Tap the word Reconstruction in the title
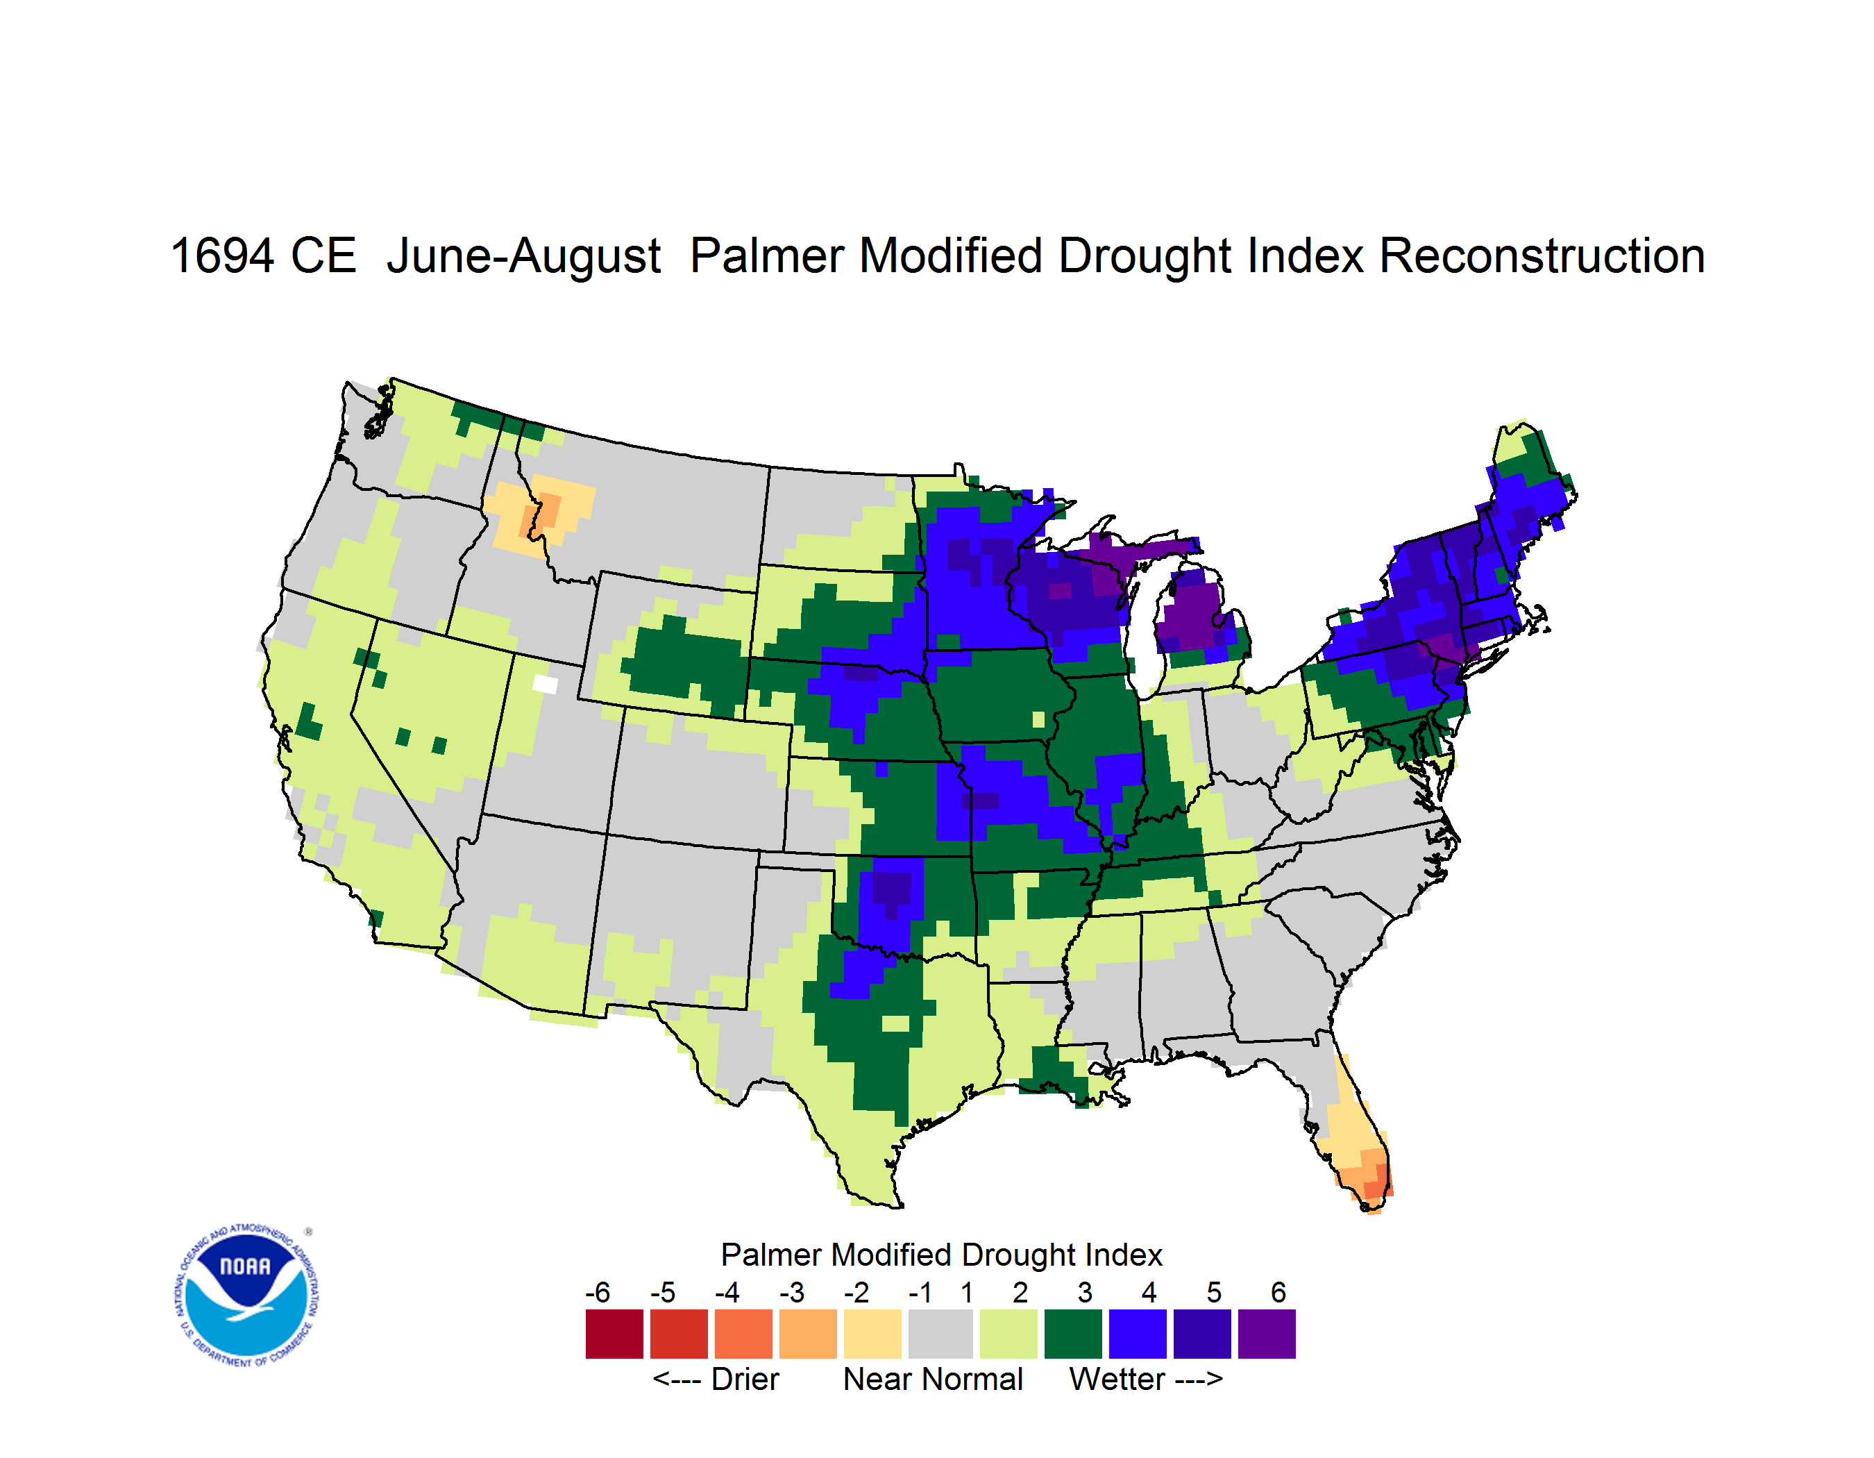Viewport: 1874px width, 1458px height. click(1542, 255)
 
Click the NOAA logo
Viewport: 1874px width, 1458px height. click(246, 1296)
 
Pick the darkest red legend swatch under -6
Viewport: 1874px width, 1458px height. click(614, 1334)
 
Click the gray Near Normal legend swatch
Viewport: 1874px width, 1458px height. click(940, 1334)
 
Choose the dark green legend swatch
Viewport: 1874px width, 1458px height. click(1072, 1334)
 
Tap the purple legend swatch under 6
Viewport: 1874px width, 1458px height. click(1267, 1334)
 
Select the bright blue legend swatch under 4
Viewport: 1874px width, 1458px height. click(1138, 1334)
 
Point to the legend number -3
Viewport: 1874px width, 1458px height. click(792, 1292)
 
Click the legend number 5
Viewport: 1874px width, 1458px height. click(1214, 1292)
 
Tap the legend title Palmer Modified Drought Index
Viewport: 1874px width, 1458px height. click(941, 1255)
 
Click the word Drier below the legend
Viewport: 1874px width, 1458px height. click(745, 1379)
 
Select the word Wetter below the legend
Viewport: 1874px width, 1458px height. click(1116, 1379)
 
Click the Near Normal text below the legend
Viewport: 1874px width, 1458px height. click(933, 1379)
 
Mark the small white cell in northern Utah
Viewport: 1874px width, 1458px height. click(545, 684)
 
